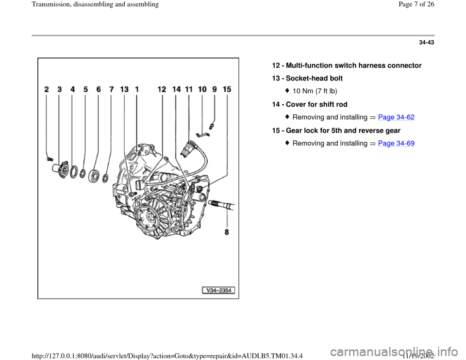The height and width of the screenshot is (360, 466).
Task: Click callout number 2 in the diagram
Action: (x=47, y=89)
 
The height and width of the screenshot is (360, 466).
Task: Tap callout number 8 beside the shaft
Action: (x=227, y=232)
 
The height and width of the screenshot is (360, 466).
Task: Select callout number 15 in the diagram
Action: (x=227, y=89)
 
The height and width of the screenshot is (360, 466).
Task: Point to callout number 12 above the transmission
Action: (x=162, y=89)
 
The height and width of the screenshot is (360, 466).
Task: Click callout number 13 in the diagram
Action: (x=124, y=89)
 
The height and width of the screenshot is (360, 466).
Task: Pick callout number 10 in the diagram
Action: (x=202, y=89)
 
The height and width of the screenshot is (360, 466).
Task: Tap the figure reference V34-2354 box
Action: (x=218, y=290)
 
